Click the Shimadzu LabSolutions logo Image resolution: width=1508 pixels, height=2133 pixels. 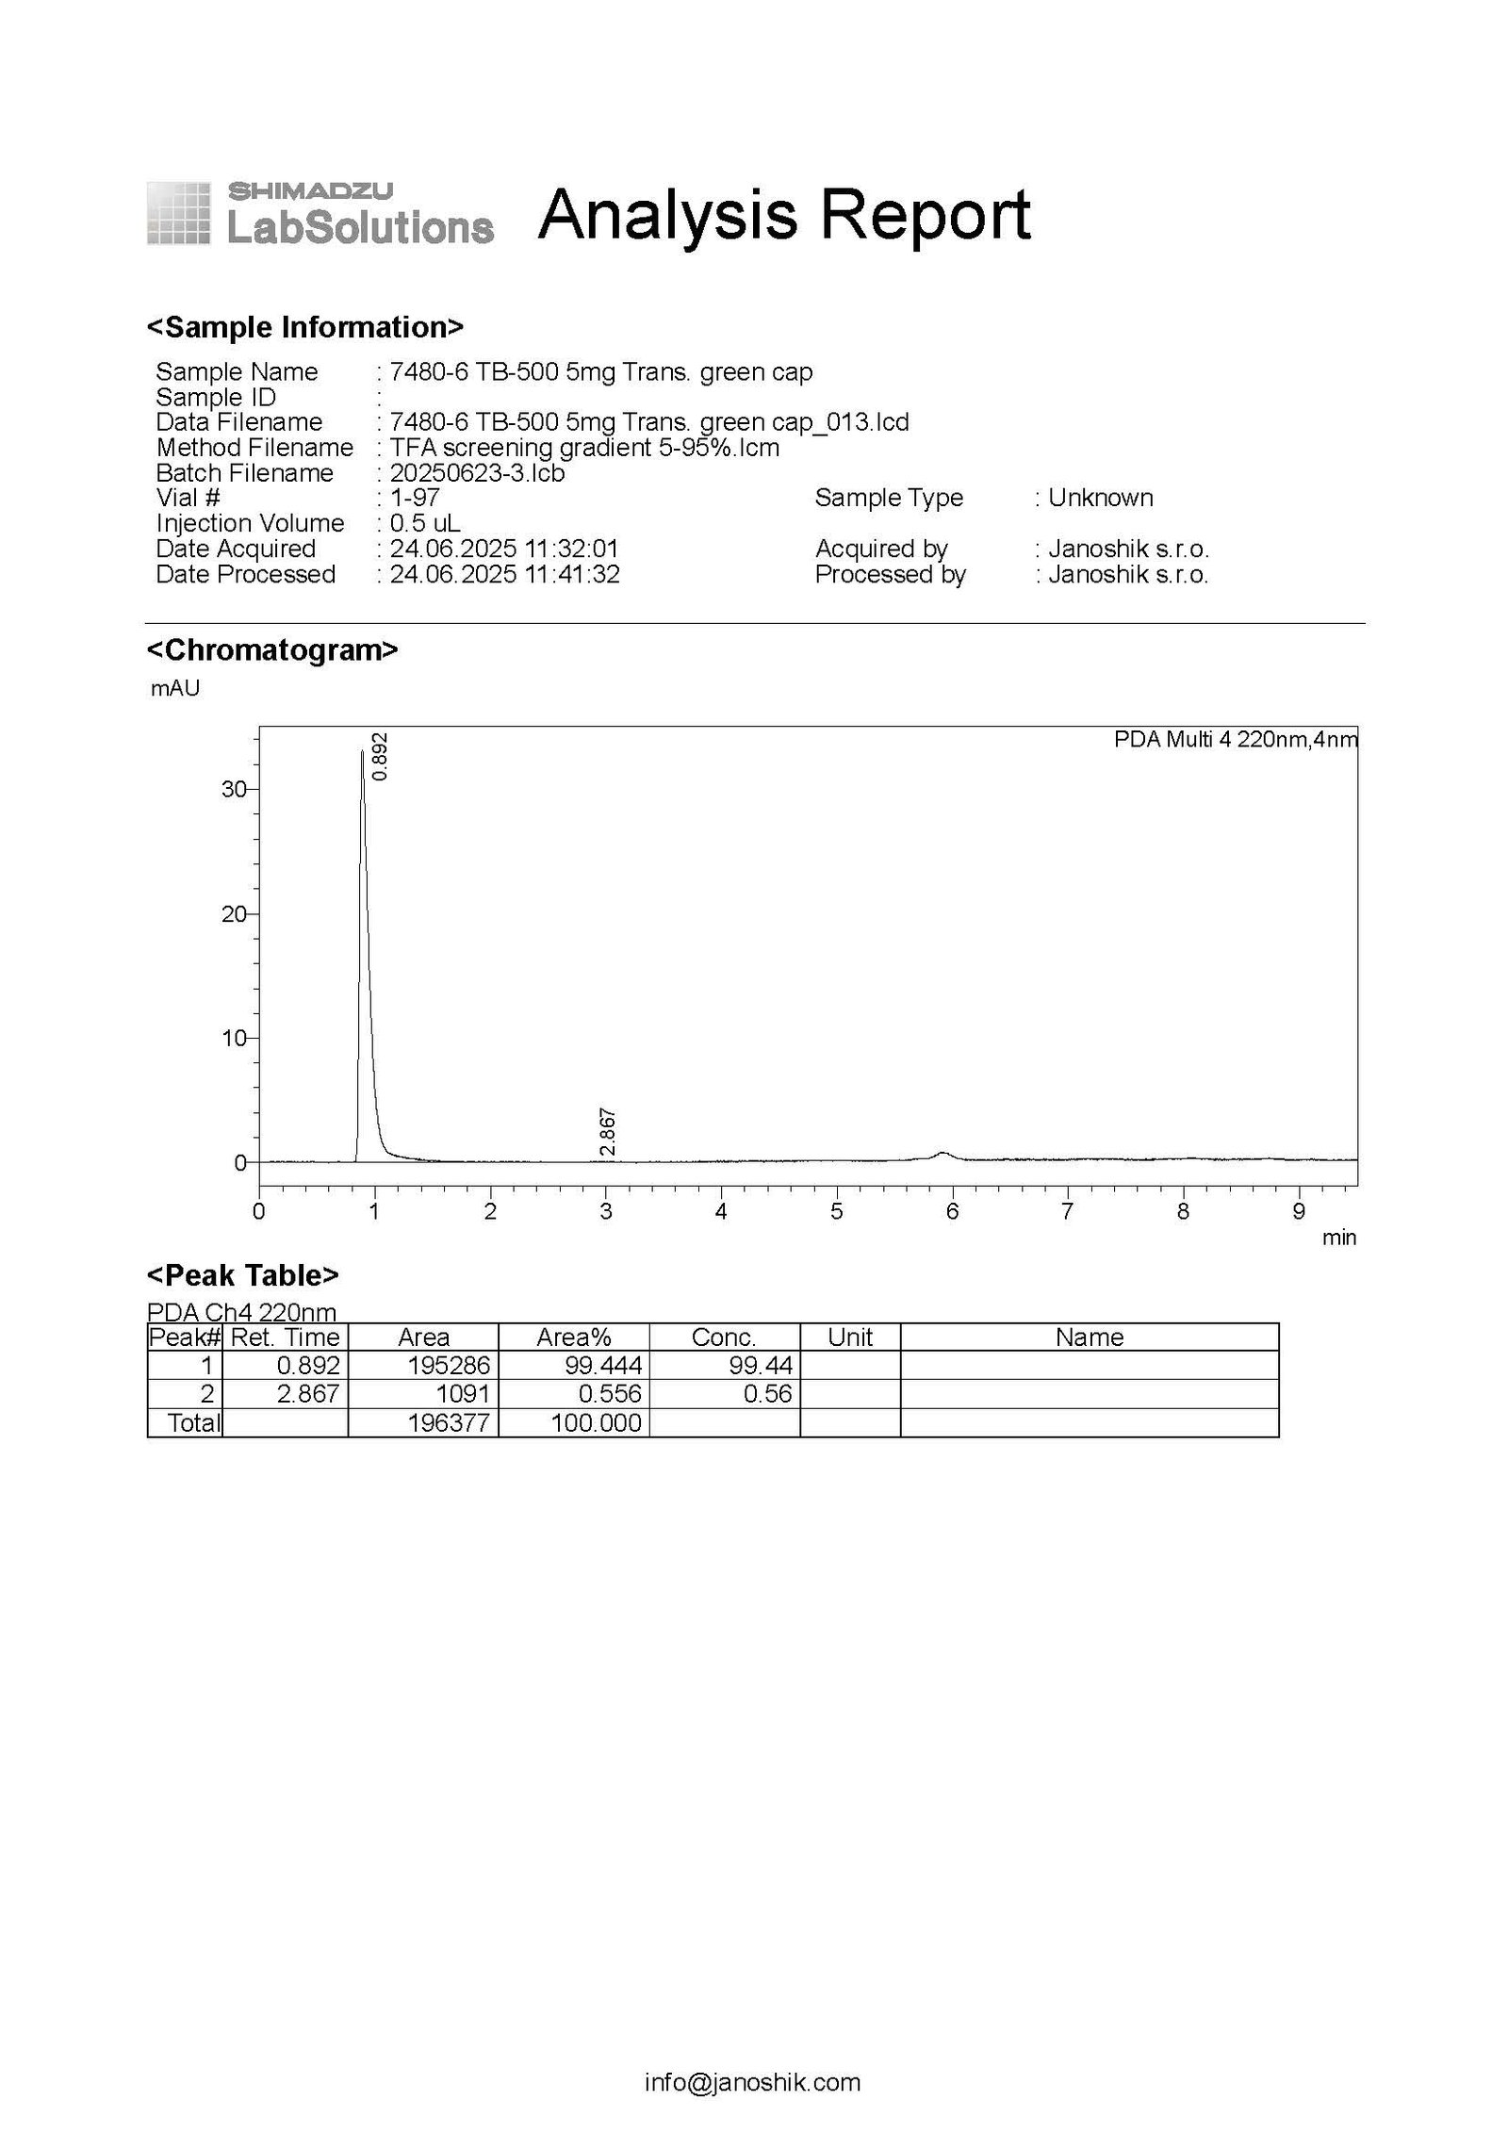click(320, 214)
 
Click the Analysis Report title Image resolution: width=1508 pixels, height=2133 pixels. click(784, 215)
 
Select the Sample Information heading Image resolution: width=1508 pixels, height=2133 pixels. click(305, 327)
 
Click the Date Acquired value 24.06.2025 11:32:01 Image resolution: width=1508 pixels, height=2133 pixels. click(504, 549)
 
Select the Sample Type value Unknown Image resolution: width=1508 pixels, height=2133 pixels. click(1100, 498)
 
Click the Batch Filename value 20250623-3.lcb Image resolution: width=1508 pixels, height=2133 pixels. click(477, 473)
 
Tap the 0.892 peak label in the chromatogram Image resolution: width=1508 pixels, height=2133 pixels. click(380, 757)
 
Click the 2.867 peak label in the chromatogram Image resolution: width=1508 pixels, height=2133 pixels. click(608, 1132)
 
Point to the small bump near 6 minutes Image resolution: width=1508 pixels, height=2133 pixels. click(942, 1154)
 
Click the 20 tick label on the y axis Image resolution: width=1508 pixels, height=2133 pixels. click(233, 913)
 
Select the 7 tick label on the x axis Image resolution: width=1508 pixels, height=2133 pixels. click(1067, 1212)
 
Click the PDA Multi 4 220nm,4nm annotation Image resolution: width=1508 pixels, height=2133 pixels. click(1235, 740)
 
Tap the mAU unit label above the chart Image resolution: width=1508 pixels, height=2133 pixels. click(175, 689)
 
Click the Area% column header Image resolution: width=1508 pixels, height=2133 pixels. click(573, 1337)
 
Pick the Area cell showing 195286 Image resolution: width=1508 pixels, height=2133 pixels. click(450, 1366)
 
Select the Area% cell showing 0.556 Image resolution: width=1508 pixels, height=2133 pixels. click(612, 1394)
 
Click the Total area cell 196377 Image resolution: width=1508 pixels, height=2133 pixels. click(449, 1422)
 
